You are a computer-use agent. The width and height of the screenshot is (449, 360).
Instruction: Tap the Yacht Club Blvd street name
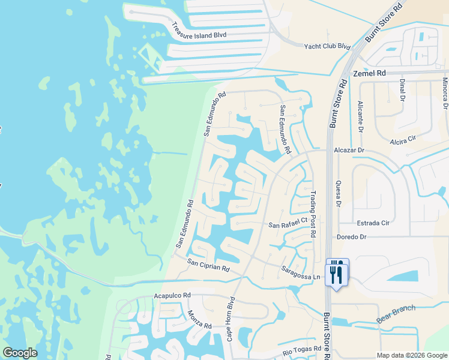(x=327, y=46)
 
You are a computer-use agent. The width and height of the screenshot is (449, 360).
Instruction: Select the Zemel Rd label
(x=369, y=73)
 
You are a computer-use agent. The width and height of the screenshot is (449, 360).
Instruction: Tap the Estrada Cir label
(x=373, y=223)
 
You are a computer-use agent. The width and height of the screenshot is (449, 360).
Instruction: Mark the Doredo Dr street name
(x=352, y=237)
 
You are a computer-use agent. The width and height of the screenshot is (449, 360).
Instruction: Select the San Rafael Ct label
(x=288, y=225)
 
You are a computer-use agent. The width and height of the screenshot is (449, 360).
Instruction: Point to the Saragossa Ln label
(x=300, y=273)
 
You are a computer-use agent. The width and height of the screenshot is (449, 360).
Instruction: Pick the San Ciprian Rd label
(x=208, y=264)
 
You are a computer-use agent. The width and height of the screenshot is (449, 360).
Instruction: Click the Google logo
(x=20, y=353)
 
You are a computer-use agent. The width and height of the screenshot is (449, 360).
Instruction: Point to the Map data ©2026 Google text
(x=411, y=355)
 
